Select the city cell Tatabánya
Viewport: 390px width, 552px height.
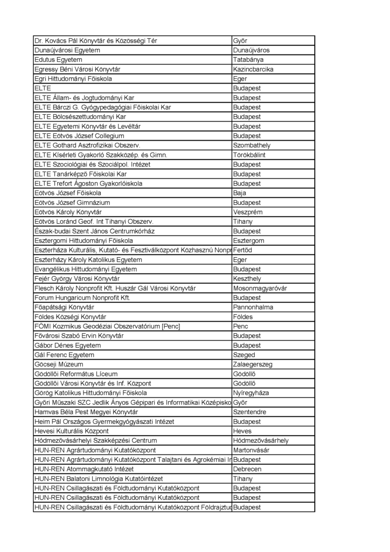pos(249,60)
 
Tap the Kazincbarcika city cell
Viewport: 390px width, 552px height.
pos(253,70)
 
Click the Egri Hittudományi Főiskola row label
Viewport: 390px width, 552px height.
pos(73,79)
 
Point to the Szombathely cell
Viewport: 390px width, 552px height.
pos(252,146)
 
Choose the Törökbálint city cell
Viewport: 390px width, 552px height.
pos(249,155)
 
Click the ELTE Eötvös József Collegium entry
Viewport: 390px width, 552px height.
pos(79,136)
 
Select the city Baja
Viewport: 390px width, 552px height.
pos(240,193)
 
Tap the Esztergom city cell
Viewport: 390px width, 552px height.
pos(249,240)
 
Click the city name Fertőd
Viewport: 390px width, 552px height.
pos(242,250)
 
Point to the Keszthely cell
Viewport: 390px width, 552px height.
pos(247,279)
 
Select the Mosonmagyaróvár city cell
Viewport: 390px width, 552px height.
pos(260,288)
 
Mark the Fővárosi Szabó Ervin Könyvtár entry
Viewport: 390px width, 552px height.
pos(79,336)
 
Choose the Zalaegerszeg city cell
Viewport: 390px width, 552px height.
pos(253,364)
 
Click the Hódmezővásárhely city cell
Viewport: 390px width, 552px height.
pos(261,440)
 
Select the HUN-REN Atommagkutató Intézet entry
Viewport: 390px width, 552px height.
pos(83,469)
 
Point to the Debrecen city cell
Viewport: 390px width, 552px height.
pos(247,469)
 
